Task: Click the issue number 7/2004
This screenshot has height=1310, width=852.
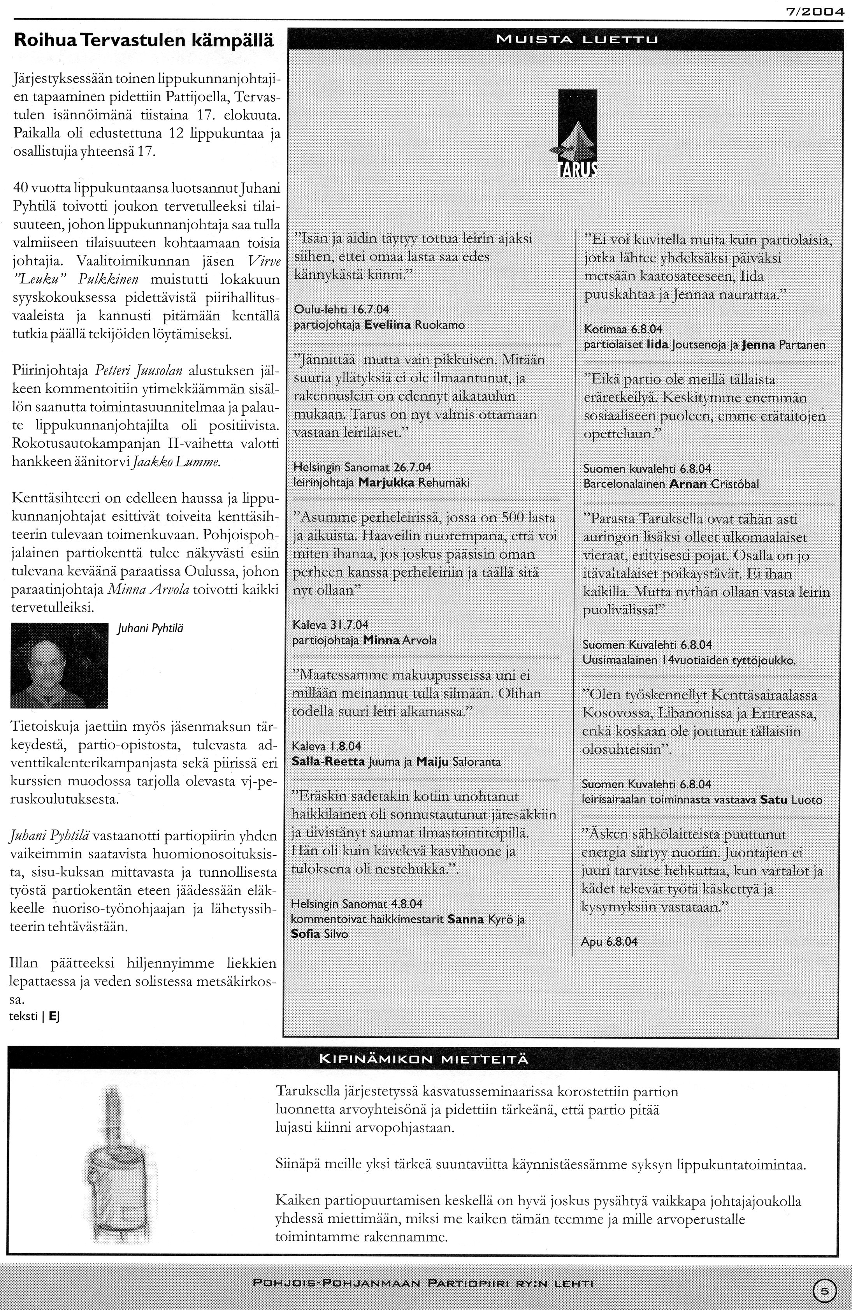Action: click(816, 10)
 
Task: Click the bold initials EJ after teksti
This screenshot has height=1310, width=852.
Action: click(54, 1016)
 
